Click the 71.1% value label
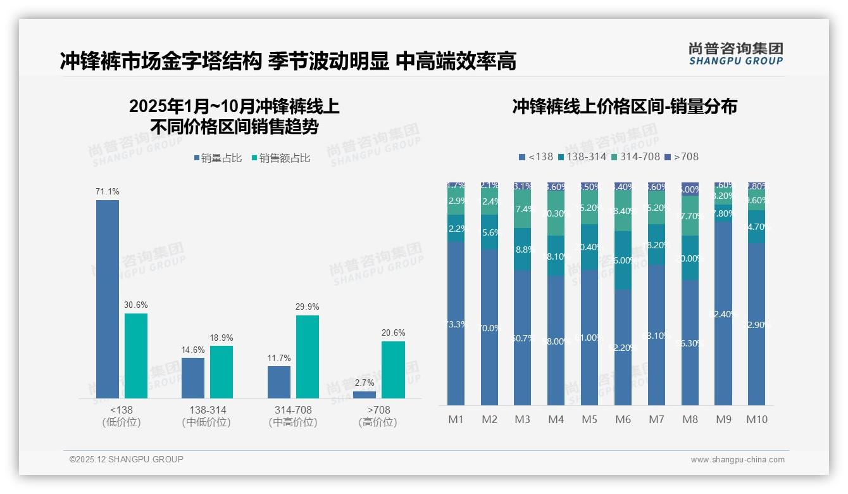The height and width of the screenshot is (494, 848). tap(108, 191)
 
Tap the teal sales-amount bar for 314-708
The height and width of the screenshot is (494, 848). tap(308, 357)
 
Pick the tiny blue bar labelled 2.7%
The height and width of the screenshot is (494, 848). tap(365, 395)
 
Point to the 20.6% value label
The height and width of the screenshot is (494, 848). tap(394, 332)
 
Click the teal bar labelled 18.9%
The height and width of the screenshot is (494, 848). tap(221, 372)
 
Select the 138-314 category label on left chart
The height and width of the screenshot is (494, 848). tap(206, 410)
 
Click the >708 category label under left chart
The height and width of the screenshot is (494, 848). tap(378, 410)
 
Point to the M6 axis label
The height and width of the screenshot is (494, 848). tap(623, 419)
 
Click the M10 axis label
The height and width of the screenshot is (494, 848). tap(757, 419)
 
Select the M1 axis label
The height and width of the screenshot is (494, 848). tap(456, 419)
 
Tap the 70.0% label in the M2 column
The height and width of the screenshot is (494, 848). tap(490, 328)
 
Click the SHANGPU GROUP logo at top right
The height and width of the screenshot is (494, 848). tap(736, 54)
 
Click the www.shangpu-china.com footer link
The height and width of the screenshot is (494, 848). tap(737, 460)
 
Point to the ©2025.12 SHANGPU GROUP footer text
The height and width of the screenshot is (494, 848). tap(127, 459)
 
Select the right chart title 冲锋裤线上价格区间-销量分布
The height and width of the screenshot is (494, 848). tap(625, 106)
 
